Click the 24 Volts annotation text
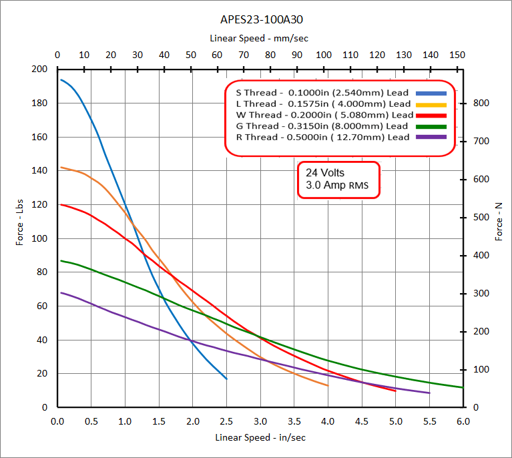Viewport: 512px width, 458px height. [325, 172]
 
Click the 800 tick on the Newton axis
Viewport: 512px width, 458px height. [482, 103]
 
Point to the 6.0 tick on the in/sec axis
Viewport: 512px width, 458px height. [463, 421]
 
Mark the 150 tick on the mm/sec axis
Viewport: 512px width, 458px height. [457, 55]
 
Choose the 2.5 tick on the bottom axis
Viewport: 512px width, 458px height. [227, 421]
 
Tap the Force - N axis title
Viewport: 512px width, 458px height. [499, 222]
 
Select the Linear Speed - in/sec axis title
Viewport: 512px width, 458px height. [260, 438]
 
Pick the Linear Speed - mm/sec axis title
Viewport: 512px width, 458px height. [259, 38]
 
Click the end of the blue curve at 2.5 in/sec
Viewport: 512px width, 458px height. [227, 379]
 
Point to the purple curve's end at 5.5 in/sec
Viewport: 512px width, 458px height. [429, 393]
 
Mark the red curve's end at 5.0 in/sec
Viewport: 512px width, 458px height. [396, 391]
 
